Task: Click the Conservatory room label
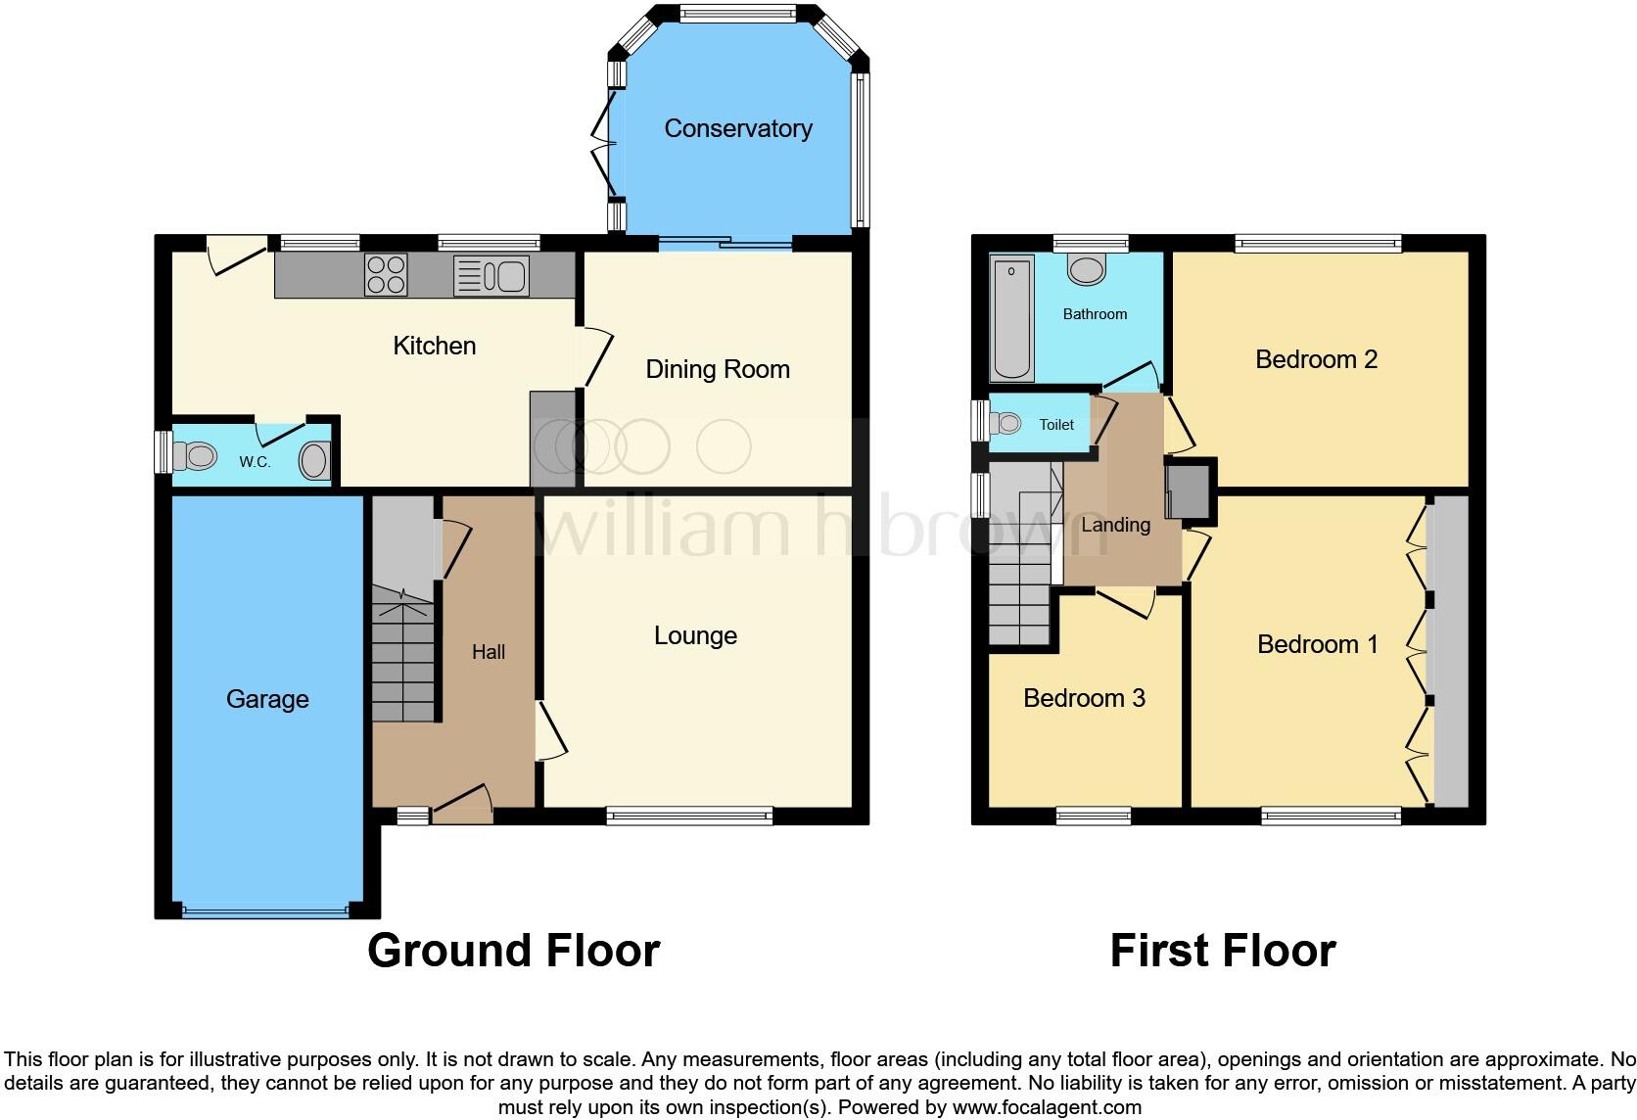pos(738,128)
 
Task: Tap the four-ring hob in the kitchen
pos(386,274)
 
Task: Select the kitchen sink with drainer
pos(491,276)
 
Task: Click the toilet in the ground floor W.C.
pos(194,455)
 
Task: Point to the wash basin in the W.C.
pos(315,459)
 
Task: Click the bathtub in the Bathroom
pos(1012,318)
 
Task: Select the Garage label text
pos(267,699)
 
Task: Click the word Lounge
pos(695,636)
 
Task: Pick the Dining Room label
pos(718,369)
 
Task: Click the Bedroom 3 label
pos(1084,698)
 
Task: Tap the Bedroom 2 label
pos(1316,359)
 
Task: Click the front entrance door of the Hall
pos(462,806)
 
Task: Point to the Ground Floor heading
pos(513,951)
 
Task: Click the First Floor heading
pos(1222,951)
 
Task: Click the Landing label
pos(1115,525)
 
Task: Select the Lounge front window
pos(689,815)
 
